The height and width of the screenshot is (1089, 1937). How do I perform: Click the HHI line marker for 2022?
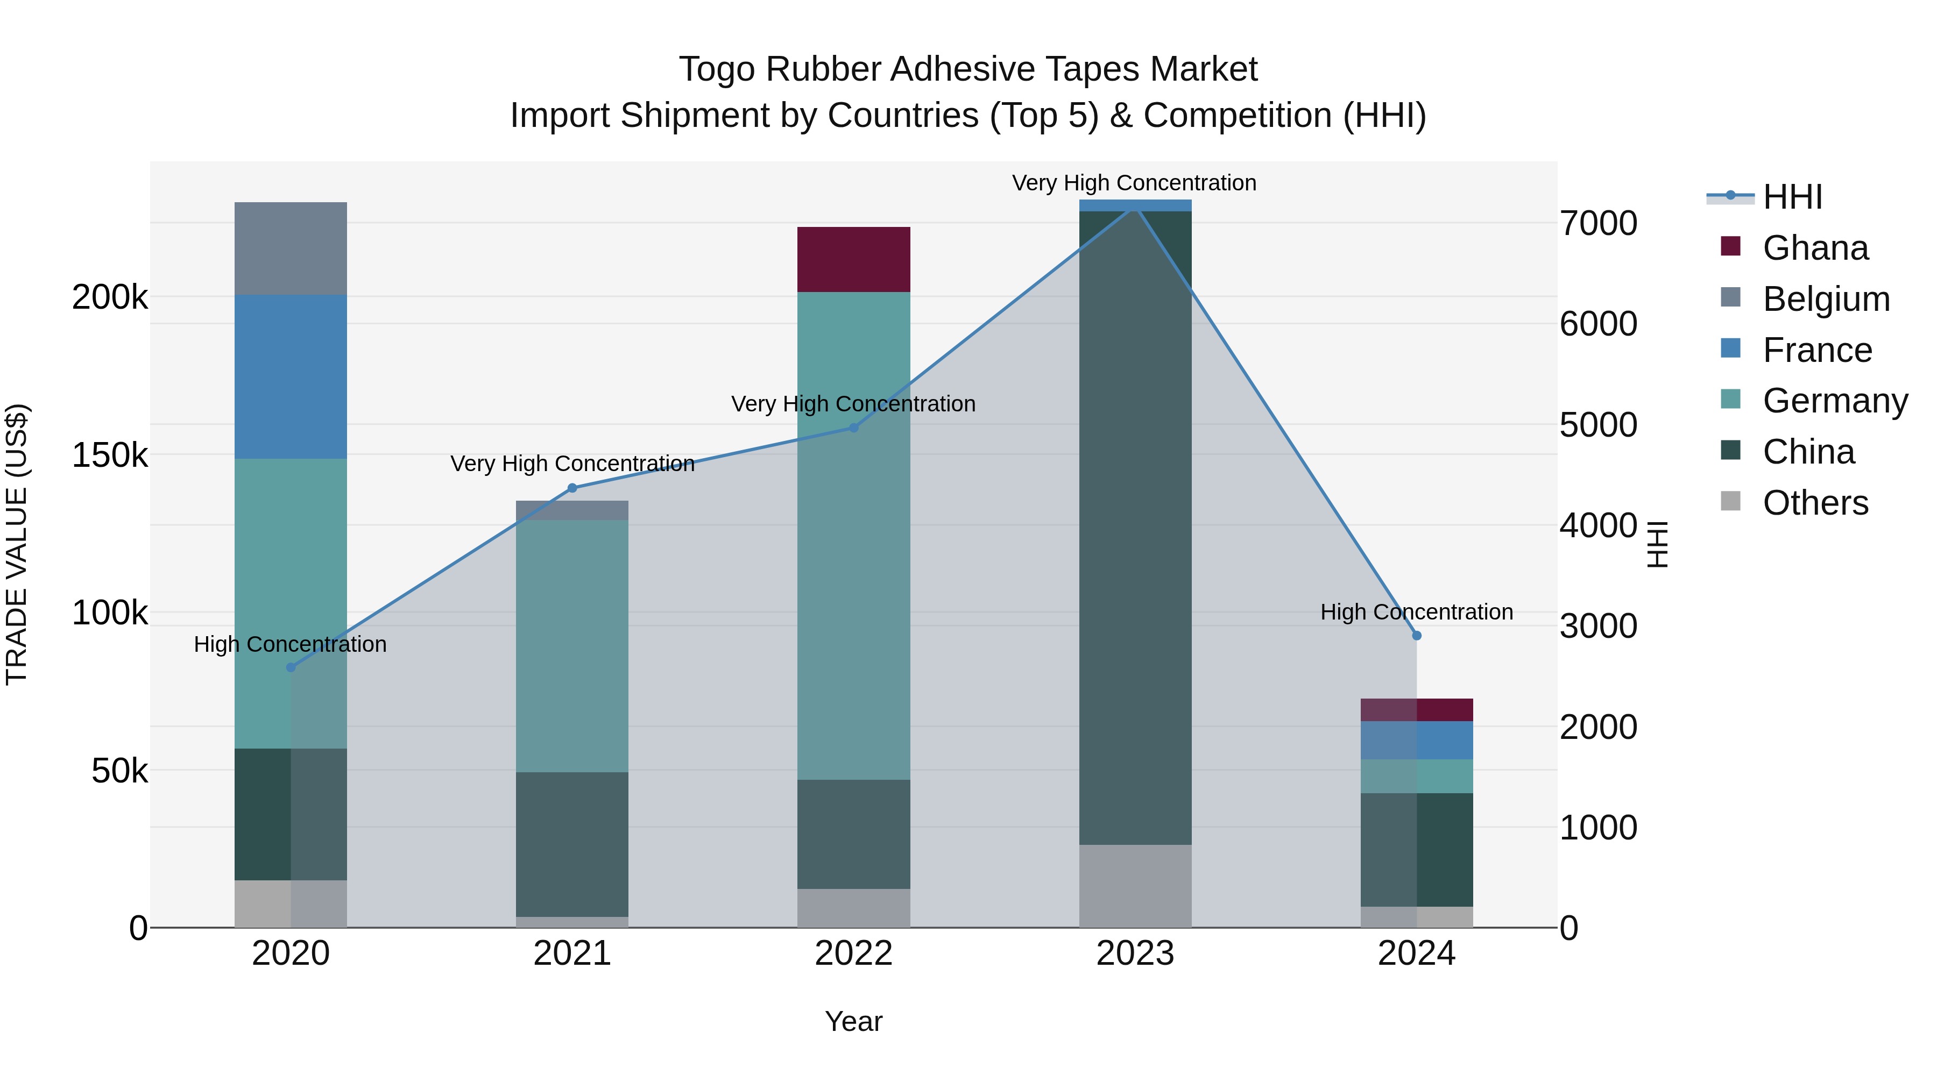(x=853, y=428)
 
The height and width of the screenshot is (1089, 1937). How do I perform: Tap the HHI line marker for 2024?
(x=1417, y=635)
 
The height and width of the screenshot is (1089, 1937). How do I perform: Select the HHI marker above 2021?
(x=572, y=488)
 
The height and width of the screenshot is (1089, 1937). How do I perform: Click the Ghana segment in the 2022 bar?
(x=853, y=259)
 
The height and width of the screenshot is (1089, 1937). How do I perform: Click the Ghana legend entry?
(x=1814, y=248)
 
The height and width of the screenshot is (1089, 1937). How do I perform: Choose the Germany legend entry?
(x=1835, y=401)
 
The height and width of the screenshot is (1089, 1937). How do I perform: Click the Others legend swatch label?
(x=1814, y=503)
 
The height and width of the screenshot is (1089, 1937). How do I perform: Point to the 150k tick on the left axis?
(x=110, y=454)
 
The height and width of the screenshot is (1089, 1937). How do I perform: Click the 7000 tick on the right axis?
(x=1598, y=223)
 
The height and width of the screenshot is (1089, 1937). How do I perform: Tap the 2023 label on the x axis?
(x=1135, y=953)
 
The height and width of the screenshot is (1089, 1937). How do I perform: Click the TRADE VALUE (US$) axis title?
(x=17, y=544)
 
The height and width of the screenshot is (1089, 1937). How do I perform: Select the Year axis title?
(x=853, y=1021)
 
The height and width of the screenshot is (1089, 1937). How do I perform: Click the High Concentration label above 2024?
(x=1417, y=612)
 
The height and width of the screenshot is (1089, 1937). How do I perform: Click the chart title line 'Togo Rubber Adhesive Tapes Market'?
(x=968, y=69)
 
